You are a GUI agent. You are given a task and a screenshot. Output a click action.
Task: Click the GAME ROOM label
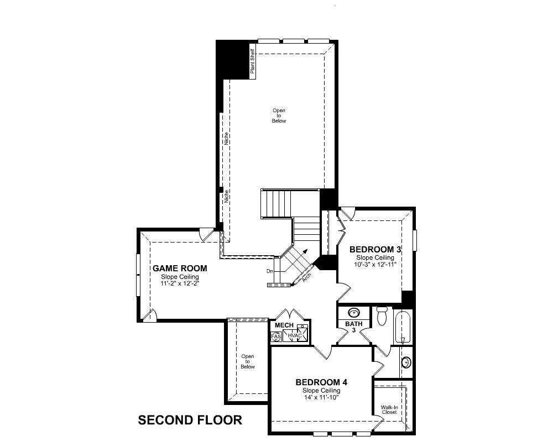tap(180, 268)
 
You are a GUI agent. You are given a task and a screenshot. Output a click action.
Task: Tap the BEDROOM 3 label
tap(375, 250)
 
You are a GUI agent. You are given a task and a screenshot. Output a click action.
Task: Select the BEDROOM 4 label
tap(321, 382)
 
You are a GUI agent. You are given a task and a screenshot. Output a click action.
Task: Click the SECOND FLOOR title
tap(190, 420)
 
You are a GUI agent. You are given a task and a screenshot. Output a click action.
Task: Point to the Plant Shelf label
tap(252, 61)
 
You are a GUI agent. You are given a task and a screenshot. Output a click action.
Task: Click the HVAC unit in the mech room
tap(295, 335)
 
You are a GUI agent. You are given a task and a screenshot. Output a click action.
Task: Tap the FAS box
tap(276, 337)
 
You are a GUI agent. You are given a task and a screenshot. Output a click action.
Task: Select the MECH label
tap(284, 325)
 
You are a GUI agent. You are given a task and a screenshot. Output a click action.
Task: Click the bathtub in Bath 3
tap(403, 327)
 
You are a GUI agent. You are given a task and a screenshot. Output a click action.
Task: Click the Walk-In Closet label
tap(389, 409)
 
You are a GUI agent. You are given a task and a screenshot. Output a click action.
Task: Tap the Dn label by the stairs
tap(270, 271)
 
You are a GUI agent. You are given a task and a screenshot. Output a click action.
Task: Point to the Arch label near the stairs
tap(307, 277)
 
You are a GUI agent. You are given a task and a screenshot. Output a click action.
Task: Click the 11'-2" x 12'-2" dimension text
tap(180, 283)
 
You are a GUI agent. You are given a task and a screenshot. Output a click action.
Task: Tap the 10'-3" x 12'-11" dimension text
tap(375, 264)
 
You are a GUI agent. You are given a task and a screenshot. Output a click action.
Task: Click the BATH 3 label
tap(354, 327)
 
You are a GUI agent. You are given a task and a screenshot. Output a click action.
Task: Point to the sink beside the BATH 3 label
tap(354, 313)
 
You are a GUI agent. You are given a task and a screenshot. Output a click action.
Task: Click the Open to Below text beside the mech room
tap(248, 362)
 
